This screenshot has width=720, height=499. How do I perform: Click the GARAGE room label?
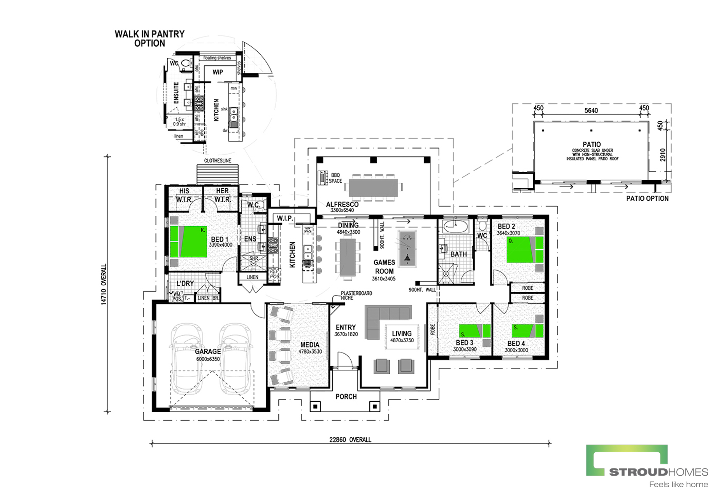[x=207, y=352]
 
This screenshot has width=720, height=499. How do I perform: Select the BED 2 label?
[x=506, y=226]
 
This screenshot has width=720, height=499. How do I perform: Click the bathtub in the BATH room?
[x=456, y=226]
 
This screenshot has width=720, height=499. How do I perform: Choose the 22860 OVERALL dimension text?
[x=350, y=439]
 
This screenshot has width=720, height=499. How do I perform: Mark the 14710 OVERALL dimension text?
[x=104, y=284]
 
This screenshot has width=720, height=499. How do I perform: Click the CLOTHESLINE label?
[x=218, y=161]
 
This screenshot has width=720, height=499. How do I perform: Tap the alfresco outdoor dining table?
[x=373, y=187]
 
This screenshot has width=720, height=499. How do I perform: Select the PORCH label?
[x=346, y=397]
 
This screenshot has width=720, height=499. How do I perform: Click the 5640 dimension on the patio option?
[x=591, y=111]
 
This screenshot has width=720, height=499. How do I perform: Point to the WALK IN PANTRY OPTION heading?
[x=149, y=39]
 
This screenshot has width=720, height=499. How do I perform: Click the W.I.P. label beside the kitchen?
[x=285, y=219]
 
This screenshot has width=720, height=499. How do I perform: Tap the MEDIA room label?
[x=310, y=345]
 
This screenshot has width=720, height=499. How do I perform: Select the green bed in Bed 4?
[x=527, y=331]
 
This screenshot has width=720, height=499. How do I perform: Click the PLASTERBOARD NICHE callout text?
[x=356, y=296]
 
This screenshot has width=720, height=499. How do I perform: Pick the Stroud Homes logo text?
[x=658, y=472]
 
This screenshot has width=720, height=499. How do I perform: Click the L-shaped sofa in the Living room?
[x=383, y=317]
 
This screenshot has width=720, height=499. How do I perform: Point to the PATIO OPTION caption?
[x=647, y=198]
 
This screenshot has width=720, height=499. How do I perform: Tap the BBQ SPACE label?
[x=335, y=178]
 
